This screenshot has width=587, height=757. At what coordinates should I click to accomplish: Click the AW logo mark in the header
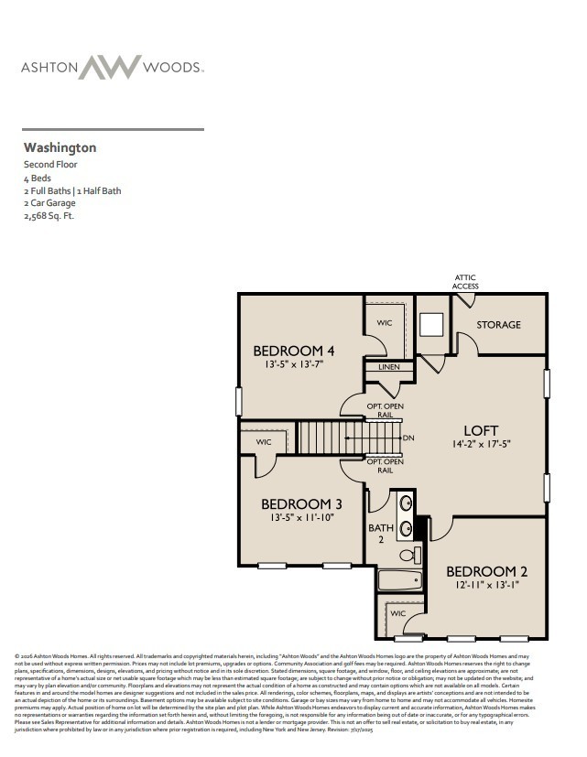(110, 67)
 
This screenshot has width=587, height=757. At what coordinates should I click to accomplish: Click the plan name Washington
(60, 146)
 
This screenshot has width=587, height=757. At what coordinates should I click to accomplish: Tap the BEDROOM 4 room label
(293, 351)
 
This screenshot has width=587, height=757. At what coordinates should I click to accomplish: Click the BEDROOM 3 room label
(301, 503)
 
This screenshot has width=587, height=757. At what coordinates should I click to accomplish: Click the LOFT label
(481, 429)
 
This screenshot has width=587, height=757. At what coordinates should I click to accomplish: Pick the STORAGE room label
(498, 325)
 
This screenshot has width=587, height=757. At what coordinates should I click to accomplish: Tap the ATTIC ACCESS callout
(465, 281)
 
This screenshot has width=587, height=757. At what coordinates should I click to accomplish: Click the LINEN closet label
(388, 367)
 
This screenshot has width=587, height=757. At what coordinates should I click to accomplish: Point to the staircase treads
(332, 437)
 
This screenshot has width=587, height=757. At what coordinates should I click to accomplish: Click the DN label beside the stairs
(408, 438)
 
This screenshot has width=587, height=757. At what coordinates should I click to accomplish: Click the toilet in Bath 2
(410, 554)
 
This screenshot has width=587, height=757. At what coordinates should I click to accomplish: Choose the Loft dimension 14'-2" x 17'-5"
(480, 444)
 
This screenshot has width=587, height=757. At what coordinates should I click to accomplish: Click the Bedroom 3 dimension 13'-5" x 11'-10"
(301, 517)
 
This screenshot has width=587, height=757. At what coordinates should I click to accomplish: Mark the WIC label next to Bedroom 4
(385, 323)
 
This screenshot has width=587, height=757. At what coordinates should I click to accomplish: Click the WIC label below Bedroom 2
(397, 613)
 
